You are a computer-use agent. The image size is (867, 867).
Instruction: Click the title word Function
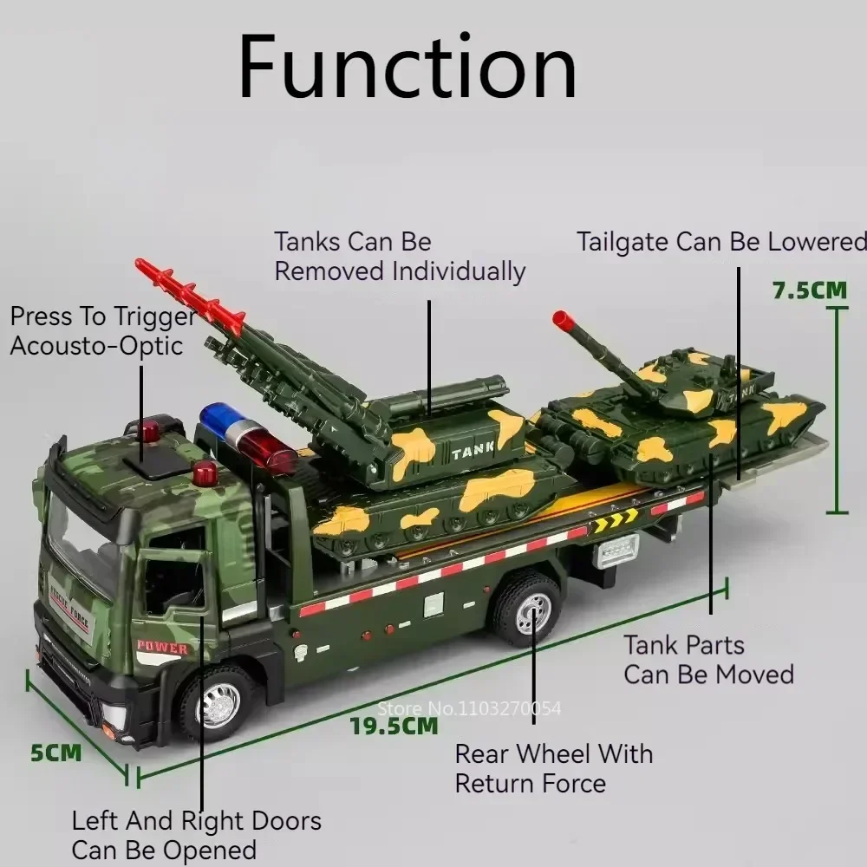click(x=407, y=67)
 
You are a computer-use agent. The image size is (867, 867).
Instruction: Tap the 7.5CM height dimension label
click(x=809, y=290)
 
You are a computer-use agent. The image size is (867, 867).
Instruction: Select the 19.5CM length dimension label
click(x=394, y=726)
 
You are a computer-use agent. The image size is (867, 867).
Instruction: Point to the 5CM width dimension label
click(x=56, y=752)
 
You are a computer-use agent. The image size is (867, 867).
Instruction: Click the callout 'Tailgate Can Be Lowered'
click(x=721, y=241)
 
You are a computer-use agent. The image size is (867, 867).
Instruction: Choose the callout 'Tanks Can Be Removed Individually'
click(x=400, y=257)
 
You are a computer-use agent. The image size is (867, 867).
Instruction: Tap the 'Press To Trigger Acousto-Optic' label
click(x=102, y=331)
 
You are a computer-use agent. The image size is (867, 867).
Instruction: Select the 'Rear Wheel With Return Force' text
click(x=553, y=768)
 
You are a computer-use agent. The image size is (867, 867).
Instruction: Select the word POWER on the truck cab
click(x=162, y=647)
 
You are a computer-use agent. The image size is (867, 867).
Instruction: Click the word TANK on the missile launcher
click(x=473, y=450)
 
